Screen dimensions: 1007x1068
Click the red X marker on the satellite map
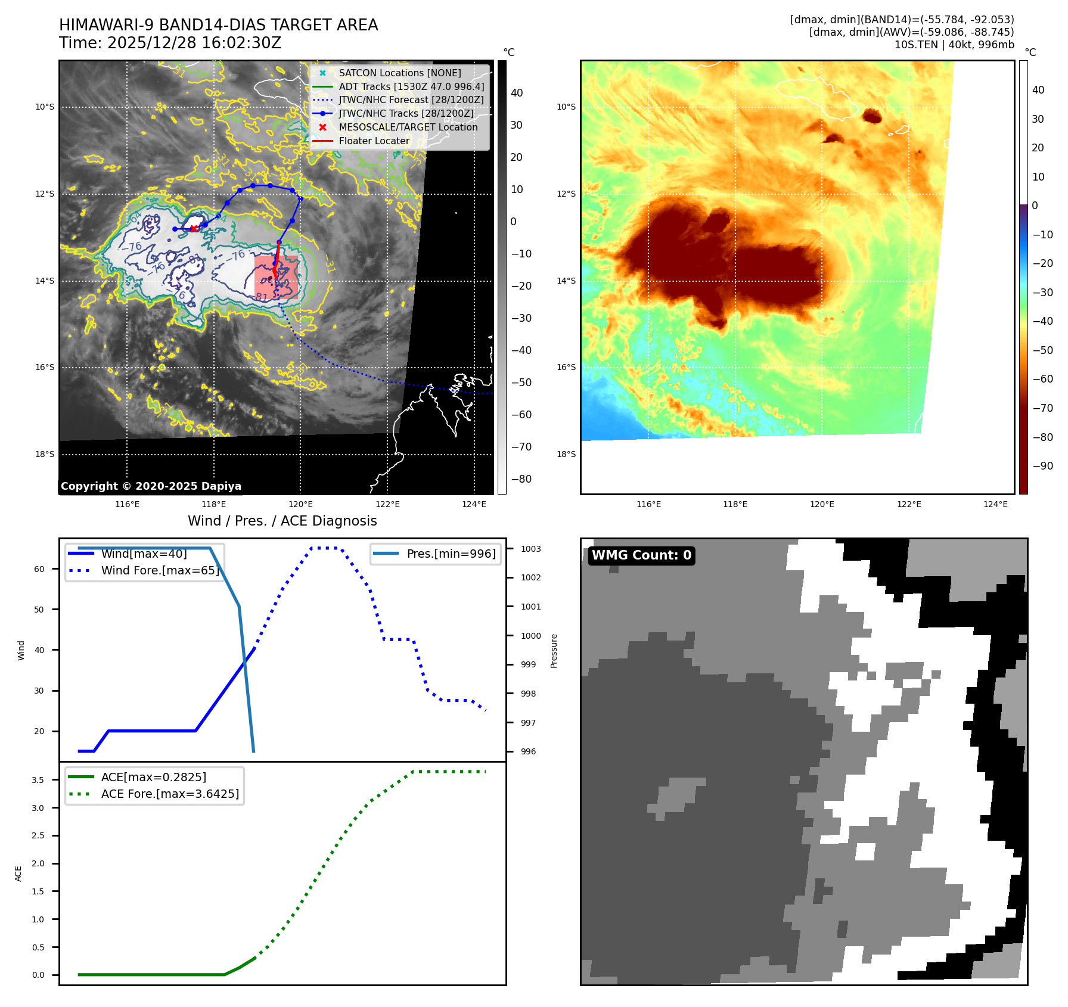[194, 228]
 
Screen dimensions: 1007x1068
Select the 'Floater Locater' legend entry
[374, 141]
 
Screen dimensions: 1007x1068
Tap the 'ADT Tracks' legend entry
[411, 86]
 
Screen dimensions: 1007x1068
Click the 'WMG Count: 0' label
[641, 555]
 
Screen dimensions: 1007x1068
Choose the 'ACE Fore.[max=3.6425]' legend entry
[170, 794]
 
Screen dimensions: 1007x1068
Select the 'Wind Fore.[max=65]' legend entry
[160, 570]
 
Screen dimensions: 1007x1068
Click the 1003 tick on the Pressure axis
[530, 549]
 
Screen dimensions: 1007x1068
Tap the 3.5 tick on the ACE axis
[38, 780]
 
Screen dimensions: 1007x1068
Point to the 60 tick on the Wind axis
[39, 569]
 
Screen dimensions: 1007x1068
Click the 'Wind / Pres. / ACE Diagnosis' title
[282, 521]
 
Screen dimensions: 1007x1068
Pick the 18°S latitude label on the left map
[45, 454]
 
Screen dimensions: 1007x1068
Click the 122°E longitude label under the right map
[909, 504]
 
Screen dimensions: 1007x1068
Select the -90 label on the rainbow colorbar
[1042, 466]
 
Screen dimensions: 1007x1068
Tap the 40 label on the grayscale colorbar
[517, 93]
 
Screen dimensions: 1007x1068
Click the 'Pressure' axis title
[554, 651]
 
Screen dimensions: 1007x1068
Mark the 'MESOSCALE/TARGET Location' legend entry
[408, 128]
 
